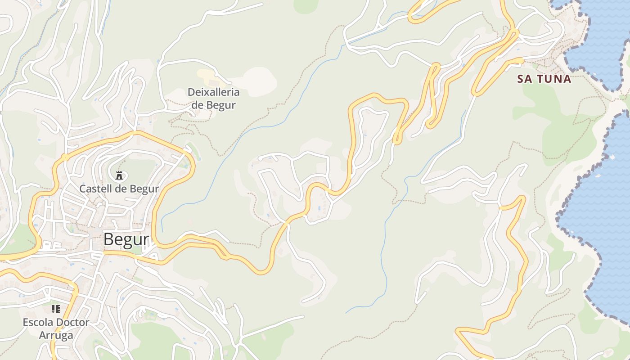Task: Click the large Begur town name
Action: tap(126, 239)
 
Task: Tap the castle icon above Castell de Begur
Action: tap(119, 175)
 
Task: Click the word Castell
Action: tap(94, 189)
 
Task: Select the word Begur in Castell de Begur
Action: tap(144, 189)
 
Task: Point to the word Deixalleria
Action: tap(214, 92)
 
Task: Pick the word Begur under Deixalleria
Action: tap(221, 105)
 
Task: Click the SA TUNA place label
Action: tap(544, 79)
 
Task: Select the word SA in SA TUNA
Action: tap(524, 79)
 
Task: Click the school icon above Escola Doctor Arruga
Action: tap(56, 309)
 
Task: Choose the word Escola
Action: tap(38, 322)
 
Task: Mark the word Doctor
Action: tap(72, 322)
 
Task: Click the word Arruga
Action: tap(56, 335)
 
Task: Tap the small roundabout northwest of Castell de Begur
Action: tap(66, 157)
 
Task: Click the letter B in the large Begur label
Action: tap(108, 239)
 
